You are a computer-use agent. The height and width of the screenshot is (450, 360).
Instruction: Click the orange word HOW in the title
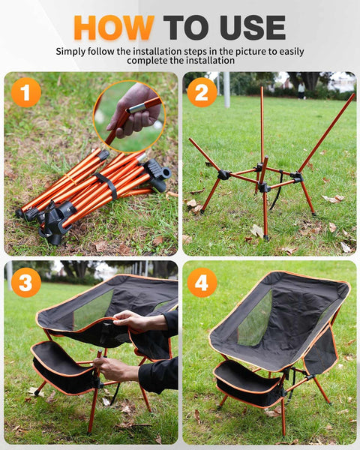[x=114, y=28]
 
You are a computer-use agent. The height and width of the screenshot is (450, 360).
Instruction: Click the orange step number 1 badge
[x=26, y=92]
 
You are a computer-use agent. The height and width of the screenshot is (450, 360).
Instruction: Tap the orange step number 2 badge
[x=202, y=92]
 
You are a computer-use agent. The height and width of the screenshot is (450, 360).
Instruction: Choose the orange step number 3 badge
[x=26, y=282]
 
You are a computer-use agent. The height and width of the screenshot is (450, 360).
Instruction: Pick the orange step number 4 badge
[x=202, y=282]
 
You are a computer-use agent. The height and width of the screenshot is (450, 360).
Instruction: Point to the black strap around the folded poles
[x=108, y=185]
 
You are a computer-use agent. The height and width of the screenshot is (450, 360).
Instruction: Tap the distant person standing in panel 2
[x=301, y=91]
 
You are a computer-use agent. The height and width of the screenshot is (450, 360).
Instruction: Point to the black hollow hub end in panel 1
[x=165, y=174]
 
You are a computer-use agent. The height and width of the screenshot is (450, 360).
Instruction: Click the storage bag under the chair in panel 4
[x=247, y=382]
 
